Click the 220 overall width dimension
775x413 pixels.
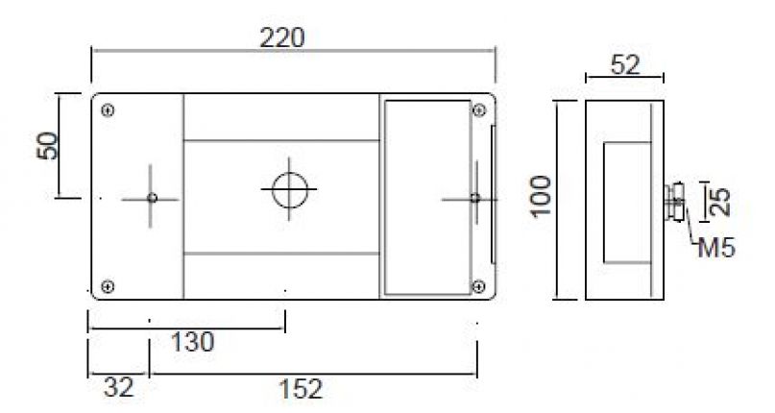[x=282, y=38]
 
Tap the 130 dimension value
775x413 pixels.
[x=191, y=341]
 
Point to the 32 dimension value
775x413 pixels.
[x=118, y=389]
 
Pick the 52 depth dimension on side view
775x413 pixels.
[x=624, y=64]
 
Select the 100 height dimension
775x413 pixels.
[x=544, y=197]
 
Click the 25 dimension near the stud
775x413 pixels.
[x=721, y=200]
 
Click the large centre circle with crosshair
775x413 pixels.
[x=287, y=189]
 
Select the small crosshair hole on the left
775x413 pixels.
[x=152, y=198]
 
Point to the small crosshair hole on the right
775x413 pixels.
[x=474, y=198]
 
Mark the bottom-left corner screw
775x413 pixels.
[x=108, y=285]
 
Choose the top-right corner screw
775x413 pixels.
[x=477, y=109]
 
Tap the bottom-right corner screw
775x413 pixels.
[x=477, y=285]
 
